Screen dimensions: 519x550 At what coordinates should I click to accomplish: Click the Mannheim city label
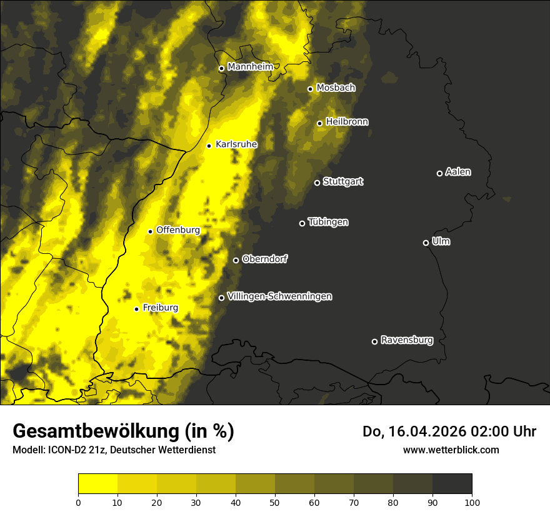(250, 66)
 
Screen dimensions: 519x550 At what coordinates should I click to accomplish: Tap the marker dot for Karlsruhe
(209, 146)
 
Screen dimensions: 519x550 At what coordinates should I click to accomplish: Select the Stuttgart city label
(343, 181)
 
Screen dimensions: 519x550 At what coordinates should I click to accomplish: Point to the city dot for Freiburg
(136, 309)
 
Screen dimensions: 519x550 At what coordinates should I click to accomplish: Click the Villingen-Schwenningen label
(279, 296)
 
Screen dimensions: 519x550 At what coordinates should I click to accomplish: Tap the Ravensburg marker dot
(375, 341)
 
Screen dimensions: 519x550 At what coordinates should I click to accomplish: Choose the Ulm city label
(441, 241)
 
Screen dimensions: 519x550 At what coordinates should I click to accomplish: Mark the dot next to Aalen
(439, 173)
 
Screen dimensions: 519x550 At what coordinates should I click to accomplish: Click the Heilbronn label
(347, 121)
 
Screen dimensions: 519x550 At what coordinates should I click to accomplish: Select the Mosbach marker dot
(310, 89)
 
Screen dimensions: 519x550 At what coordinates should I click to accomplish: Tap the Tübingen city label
(328, 222)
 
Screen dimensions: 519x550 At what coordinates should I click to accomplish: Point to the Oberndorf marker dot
(236, 260)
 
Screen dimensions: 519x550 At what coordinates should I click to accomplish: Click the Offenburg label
(178, 229)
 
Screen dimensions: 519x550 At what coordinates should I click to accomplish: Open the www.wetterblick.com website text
(451, 450)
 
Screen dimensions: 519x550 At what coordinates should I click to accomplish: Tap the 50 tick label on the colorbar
(275, 501)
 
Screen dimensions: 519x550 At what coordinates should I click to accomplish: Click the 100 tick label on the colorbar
(472, 501)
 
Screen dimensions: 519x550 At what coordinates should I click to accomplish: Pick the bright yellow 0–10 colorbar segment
(97, 484)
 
